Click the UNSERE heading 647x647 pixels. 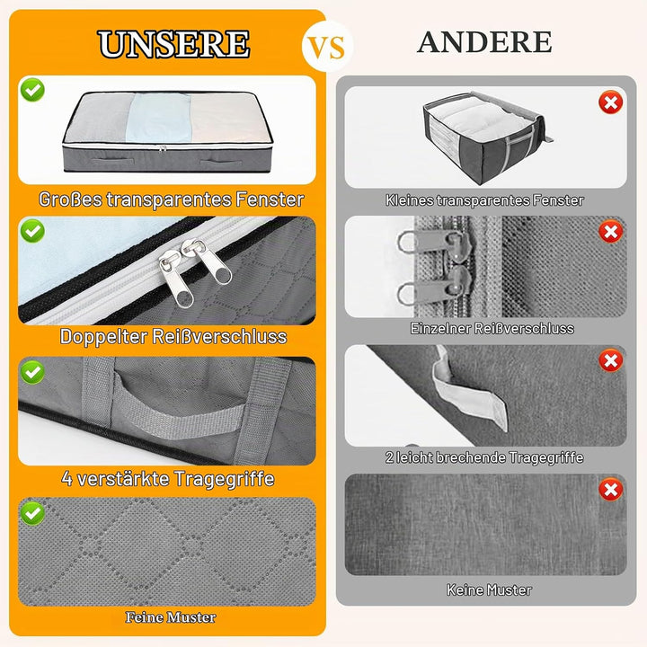tap(173, 44)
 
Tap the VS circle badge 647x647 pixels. tap(327, 46)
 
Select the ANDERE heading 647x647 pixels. tap(484, 42)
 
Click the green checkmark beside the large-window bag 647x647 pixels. tap(32, 90)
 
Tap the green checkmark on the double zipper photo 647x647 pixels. tap(32, 231)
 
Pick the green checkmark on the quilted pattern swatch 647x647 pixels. tap(32, 513)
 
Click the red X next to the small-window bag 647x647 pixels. tap(611, 102)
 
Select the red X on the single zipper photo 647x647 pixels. tap(611, 232)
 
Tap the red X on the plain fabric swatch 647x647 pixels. tap(611, 490)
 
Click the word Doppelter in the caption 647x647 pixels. tap(103, 337)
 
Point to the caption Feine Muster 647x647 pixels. tap(171, 617)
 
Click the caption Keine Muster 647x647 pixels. tap(489, 589)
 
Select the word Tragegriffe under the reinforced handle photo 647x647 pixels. tap(224, 479)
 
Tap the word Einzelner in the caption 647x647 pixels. tap(439, 329)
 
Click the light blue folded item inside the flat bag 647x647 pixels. tap(159, 119)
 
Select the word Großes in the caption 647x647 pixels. tap(71, 199)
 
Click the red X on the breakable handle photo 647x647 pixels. tap(611, 360)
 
